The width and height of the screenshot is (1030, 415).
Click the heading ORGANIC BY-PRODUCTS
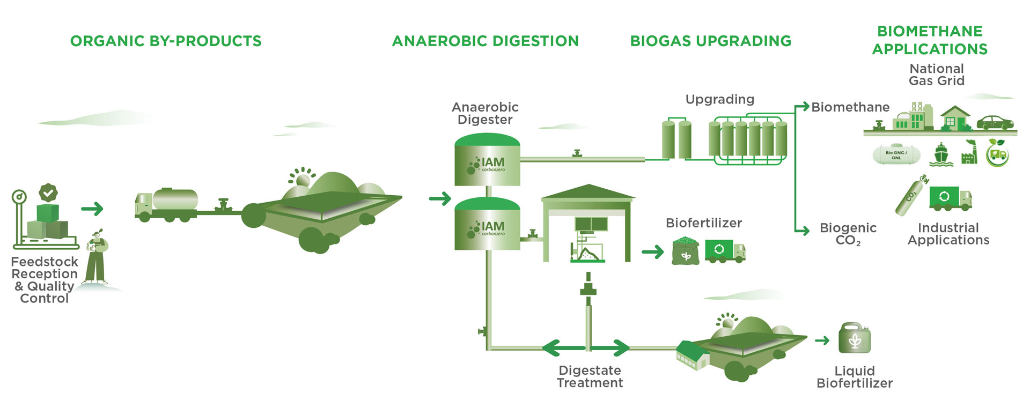click(166, 41)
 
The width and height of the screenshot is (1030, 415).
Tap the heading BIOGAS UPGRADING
click(711, 41)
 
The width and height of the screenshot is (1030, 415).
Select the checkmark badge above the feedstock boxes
click(48, 192)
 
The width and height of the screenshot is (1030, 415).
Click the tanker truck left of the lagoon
click(166, 204)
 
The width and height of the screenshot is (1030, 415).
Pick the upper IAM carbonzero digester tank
click(487, 160)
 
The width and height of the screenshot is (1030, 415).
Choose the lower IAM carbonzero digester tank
click(487, 224)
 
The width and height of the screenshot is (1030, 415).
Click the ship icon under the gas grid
click(941, 154)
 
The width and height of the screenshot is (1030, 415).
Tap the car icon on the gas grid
click(995, 123)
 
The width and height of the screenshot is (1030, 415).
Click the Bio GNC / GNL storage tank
click(896, 154)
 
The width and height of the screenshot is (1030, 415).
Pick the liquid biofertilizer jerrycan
click(855, 338)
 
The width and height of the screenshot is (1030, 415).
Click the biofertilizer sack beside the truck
click(686, 251)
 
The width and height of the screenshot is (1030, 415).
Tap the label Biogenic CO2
click(848, 234)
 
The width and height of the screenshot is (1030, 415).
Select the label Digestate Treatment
click(590, 376)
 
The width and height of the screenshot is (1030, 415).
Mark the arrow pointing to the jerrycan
click(822, 340)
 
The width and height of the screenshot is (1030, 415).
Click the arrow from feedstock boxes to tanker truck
click(92, 209)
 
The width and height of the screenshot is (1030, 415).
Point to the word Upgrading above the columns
click(720, 100)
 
